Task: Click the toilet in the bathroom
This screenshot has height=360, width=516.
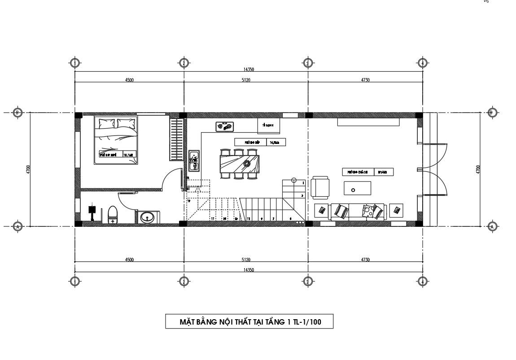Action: coord(112,214)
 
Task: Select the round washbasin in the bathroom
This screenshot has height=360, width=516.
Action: coord(147,217)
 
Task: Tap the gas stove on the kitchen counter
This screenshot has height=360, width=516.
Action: coord(225,127)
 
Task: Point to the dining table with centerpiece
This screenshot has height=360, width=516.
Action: coord(240,163)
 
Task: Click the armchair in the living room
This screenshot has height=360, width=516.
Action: coord(320,188)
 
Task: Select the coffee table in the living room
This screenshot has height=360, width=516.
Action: coord(357,188)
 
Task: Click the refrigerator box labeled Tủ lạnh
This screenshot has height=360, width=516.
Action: coord(269,126)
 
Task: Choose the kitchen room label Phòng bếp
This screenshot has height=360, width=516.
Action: coord(250,142)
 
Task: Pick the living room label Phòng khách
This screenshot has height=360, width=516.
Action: coord(358,172)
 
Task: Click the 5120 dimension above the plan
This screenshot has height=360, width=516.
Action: coord(245,80)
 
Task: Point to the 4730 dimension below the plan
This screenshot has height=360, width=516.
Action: coord(365,260)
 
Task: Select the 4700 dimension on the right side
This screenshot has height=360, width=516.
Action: coord(478,169)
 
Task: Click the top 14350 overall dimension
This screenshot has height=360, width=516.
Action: coord(249,69)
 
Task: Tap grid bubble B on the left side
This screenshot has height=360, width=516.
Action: coord(17,112)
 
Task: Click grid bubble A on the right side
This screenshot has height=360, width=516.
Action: coord(492,226)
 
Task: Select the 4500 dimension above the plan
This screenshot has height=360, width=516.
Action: coord(129,80)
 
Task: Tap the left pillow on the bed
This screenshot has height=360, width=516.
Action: coord(107,122)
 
